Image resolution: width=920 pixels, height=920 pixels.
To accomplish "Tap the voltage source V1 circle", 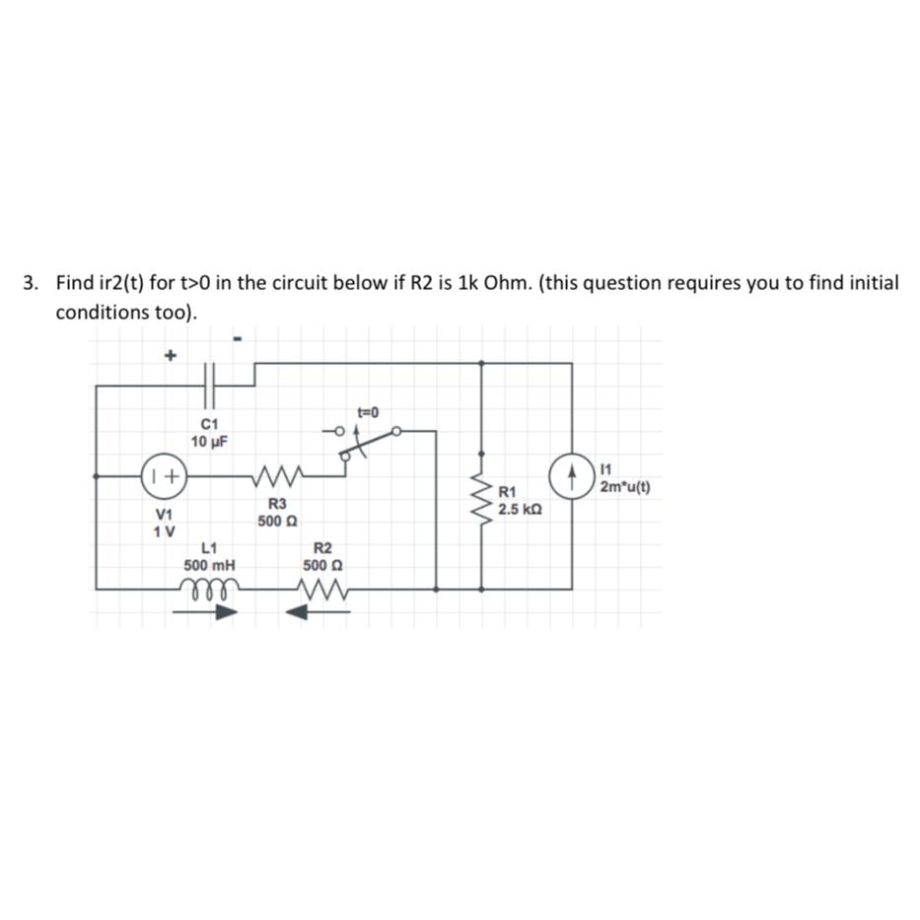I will point(164,475).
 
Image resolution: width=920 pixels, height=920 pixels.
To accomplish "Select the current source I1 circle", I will point(572,475).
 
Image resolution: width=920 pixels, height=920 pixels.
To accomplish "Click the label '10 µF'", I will point(209,442).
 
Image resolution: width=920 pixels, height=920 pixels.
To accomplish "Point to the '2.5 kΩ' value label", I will point(519,510).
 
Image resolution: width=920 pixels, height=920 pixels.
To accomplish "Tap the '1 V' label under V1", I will point(164,531).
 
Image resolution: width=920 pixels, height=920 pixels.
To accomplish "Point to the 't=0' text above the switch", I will point(368,410).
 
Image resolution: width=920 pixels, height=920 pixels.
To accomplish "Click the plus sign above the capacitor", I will point(169,354).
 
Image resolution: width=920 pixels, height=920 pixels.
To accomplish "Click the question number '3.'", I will point(33,284).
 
